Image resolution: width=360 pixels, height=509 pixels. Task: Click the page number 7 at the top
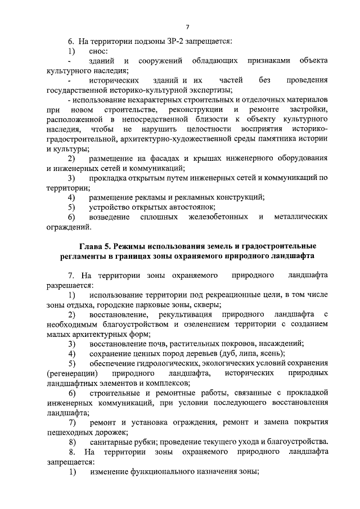187,26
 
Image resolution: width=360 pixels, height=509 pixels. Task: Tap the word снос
98,51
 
